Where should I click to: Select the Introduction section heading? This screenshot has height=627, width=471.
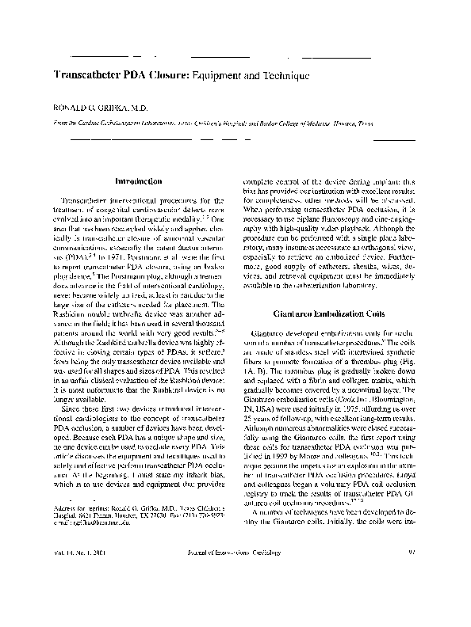pos(138,180)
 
